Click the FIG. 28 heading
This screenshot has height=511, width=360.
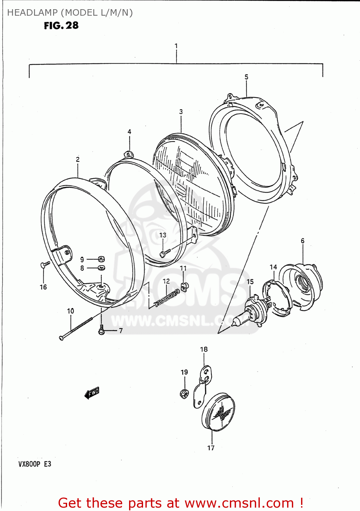click(61, 26)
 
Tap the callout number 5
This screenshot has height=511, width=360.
click(246, 77)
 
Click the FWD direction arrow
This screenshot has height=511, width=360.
click(92, 393)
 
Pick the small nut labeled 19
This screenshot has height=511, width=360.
click(184, 394)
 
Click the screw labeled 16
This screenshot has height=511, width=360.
click(45, 264)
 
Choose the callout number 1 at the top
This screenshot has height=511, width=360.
click(176, 46)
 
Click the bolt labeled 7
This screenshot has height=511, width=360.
click(101, 330)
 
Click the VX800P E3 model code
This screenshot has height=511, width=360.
click(35, 464)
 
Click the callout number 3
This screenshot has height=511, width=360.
click(181, 112)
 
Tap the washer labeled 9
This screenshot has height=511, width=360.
click(101, 259)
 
